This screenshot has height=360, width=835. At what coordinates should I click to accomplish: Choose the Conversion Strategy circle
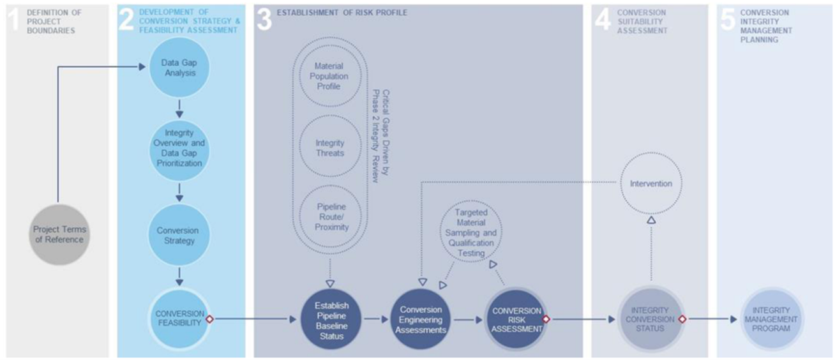[x=179, y=236]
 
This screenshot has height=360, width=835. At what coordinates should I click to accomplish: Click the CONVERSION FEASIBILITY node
[x=179, y=318]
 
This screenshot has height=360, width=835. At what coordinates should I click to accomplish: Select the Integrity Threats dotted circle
[x=331, y=148]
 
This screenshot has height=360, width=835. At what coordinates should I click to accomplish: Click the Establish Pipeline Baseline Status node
[x=331, y=319]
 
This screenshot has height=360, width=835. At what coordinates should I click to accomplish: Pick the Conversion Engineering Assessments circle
[x=421, y=319]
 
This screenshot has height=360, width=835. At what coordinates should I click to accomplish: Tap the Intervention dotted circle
[x=651, y=184]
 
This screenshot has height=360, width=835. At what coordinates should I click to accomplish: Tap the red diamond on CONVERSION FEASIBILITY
[x=209, y=319]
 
